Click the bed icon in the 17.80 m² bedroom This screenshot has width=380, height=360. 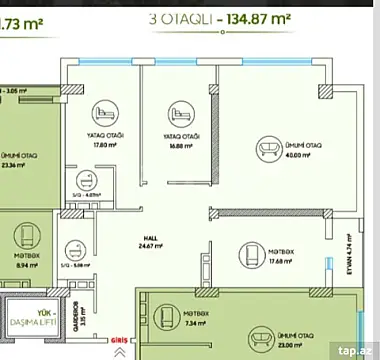click(102, 112)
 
